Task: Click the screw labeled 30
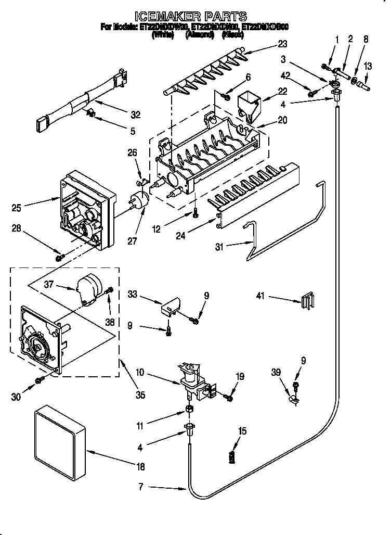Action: pos(39,382)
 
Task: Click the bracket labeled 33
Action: pos(169,307)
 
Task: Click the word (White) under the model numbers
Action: pos(162,35)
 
